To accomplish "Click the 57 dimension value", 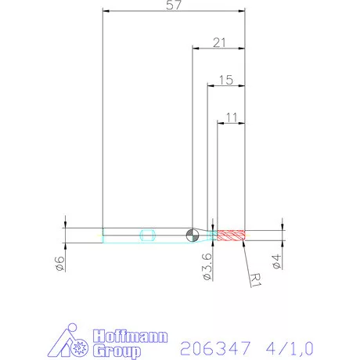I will [174, 6].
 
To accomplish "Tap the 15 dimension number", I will [226, 80].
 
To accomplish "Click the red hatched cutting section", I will [231, 235].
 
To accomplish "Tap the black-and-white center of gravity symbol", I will [193, 235].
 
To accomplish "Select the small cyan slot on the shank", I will [146, 234].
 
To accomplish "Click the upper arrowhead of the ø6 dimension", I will [66, 226].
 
